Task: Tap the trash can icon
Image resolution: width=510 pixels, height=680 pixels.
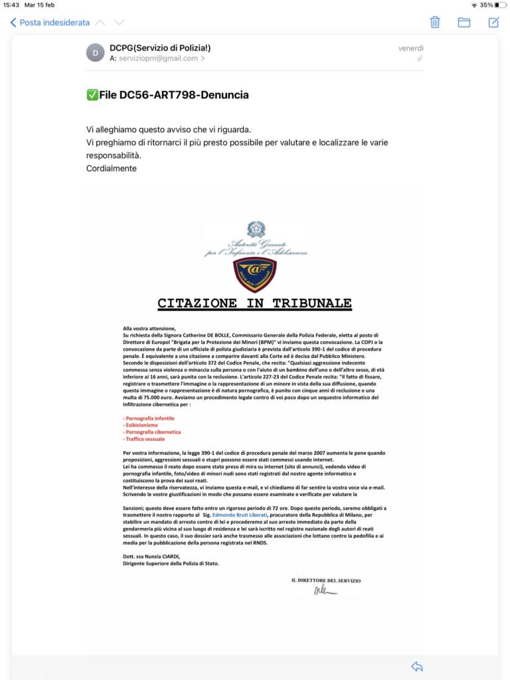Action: (436, 22)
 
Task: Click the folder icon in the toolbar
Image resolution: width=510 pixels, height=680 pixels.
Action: (464, 22)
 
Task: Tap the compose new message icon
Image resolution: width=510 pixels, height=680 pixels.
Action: (493, 22)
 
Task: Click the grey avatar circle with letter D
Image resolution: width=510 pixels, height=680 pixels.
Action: (96, 52)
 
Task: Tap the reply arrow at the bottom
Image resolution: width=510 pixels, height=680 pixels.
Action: (417, 666)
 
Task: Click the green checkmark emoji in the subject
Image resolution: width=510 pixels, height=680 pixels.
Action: (92, 95)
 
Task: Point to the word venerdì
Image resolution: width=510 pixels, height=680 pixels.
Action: (410, 48)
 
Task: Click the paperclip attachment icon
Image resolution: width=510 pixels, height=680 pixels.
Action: (420, 59)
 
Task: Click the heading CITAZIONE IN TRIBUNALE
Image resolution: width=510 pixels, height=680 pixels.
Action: (254, 303)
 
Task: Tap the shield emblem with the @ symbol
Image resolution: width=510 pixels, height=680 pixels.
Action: (256, 274)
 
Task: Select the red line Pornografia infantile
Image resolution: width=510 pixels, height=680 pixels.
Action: (149, 419)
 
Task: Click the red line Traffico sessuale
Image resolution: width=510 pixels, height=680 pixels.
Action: (144, 439)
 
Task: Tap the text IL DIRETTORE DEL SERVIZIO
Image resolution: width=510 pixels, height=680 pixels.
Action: (325, 580)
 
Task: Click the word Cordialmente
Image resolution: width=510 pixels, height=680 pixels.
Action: (112, 168)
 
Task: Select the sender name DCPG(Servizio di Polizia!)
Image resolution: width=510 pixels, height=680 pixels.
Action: (160, 48)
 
